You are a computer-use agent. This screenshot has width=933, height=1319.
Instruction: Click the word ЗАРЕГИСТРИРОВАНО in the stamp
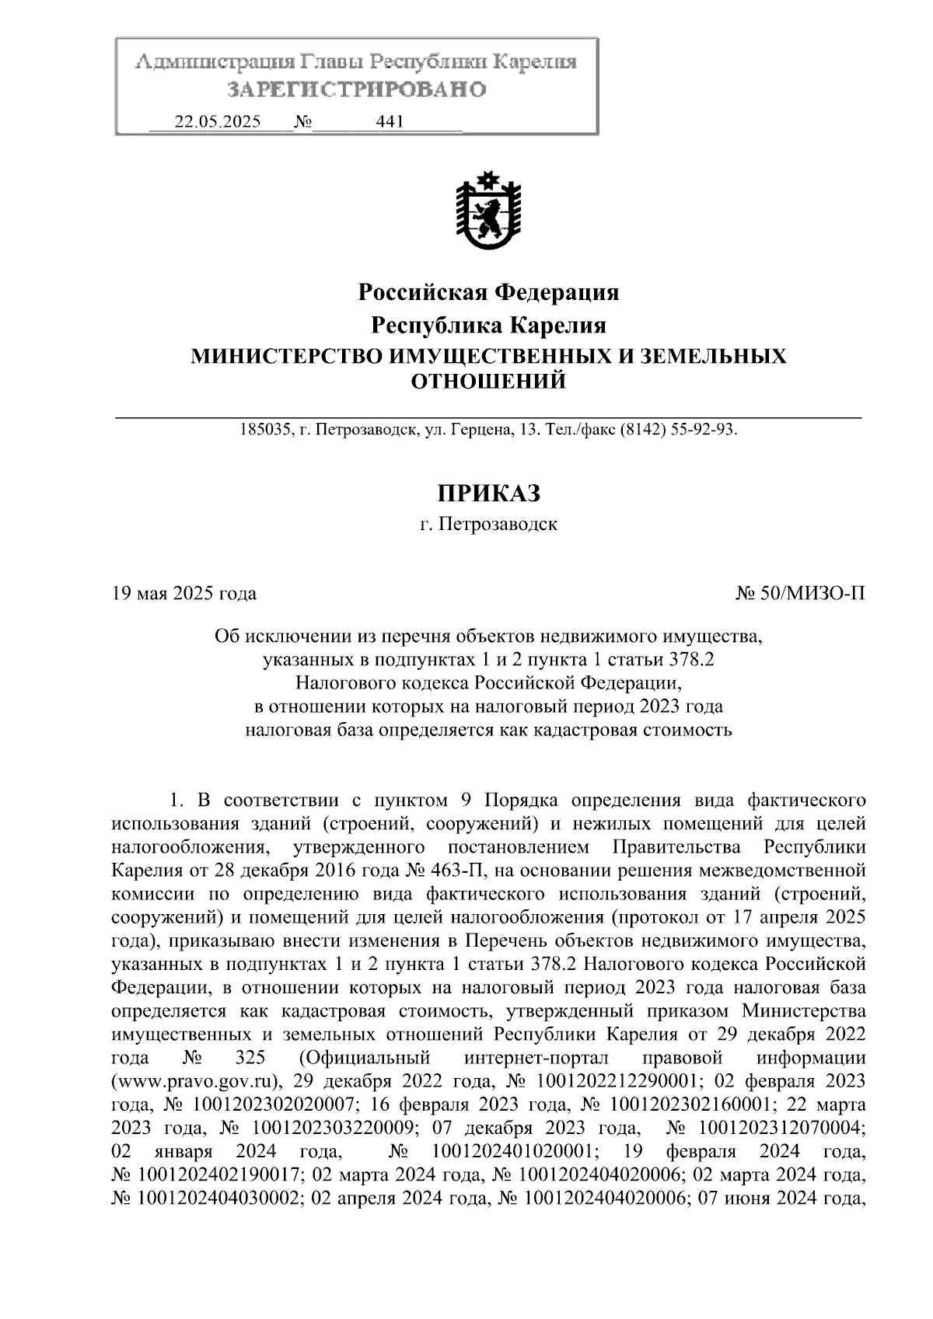coord(356,90)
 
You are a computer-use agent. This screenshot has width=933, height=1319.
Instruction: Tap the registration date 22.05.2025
coord(217,122)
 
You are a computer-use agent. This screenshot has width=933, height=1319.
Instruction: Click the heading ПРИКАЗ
coord(488,493)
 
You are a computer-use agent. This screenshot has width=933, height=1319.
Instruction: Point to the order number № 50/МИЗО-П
coord(800,595)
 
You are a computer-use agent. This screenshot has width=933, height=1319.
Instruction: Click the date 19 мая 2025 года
coord(184,595)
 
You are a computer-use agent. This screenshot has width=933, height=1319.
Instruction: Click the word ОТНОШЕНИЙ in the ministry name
coord(488,382)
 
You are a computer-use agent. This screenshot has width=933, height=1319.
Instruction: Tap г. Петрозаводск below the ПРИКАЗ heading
coord(488,525)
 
